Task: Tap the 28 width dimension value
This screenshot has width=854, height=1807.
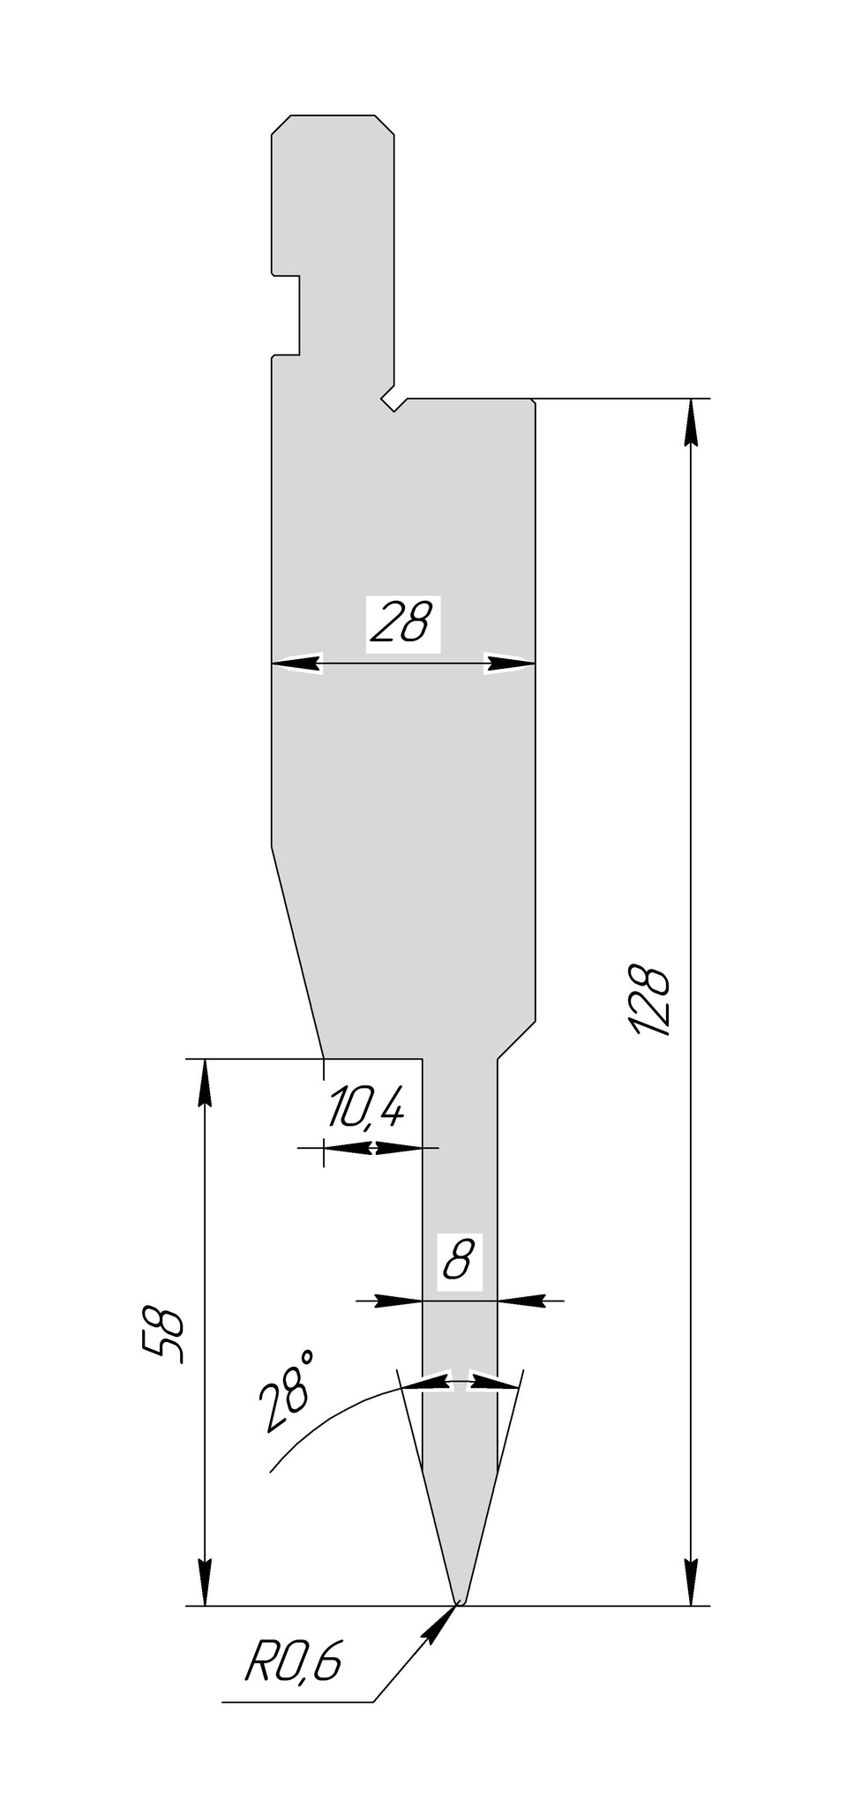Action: pyautogui.click(x=402, y=623)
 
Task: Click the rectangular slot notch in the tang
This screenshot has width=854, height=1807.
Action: pyautogui.click(x=287, y=315)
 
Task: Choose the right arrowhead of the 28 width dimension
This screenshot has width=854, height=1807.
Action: pyautogui.click(x=510, y=664)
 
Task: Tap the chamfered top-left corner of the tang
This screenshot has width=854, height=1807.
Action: pyautogui.click(x=281, y=124)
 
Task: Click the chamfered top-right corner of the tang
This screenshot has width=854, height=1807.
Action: pyautogui.click(x=385, y=124)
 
